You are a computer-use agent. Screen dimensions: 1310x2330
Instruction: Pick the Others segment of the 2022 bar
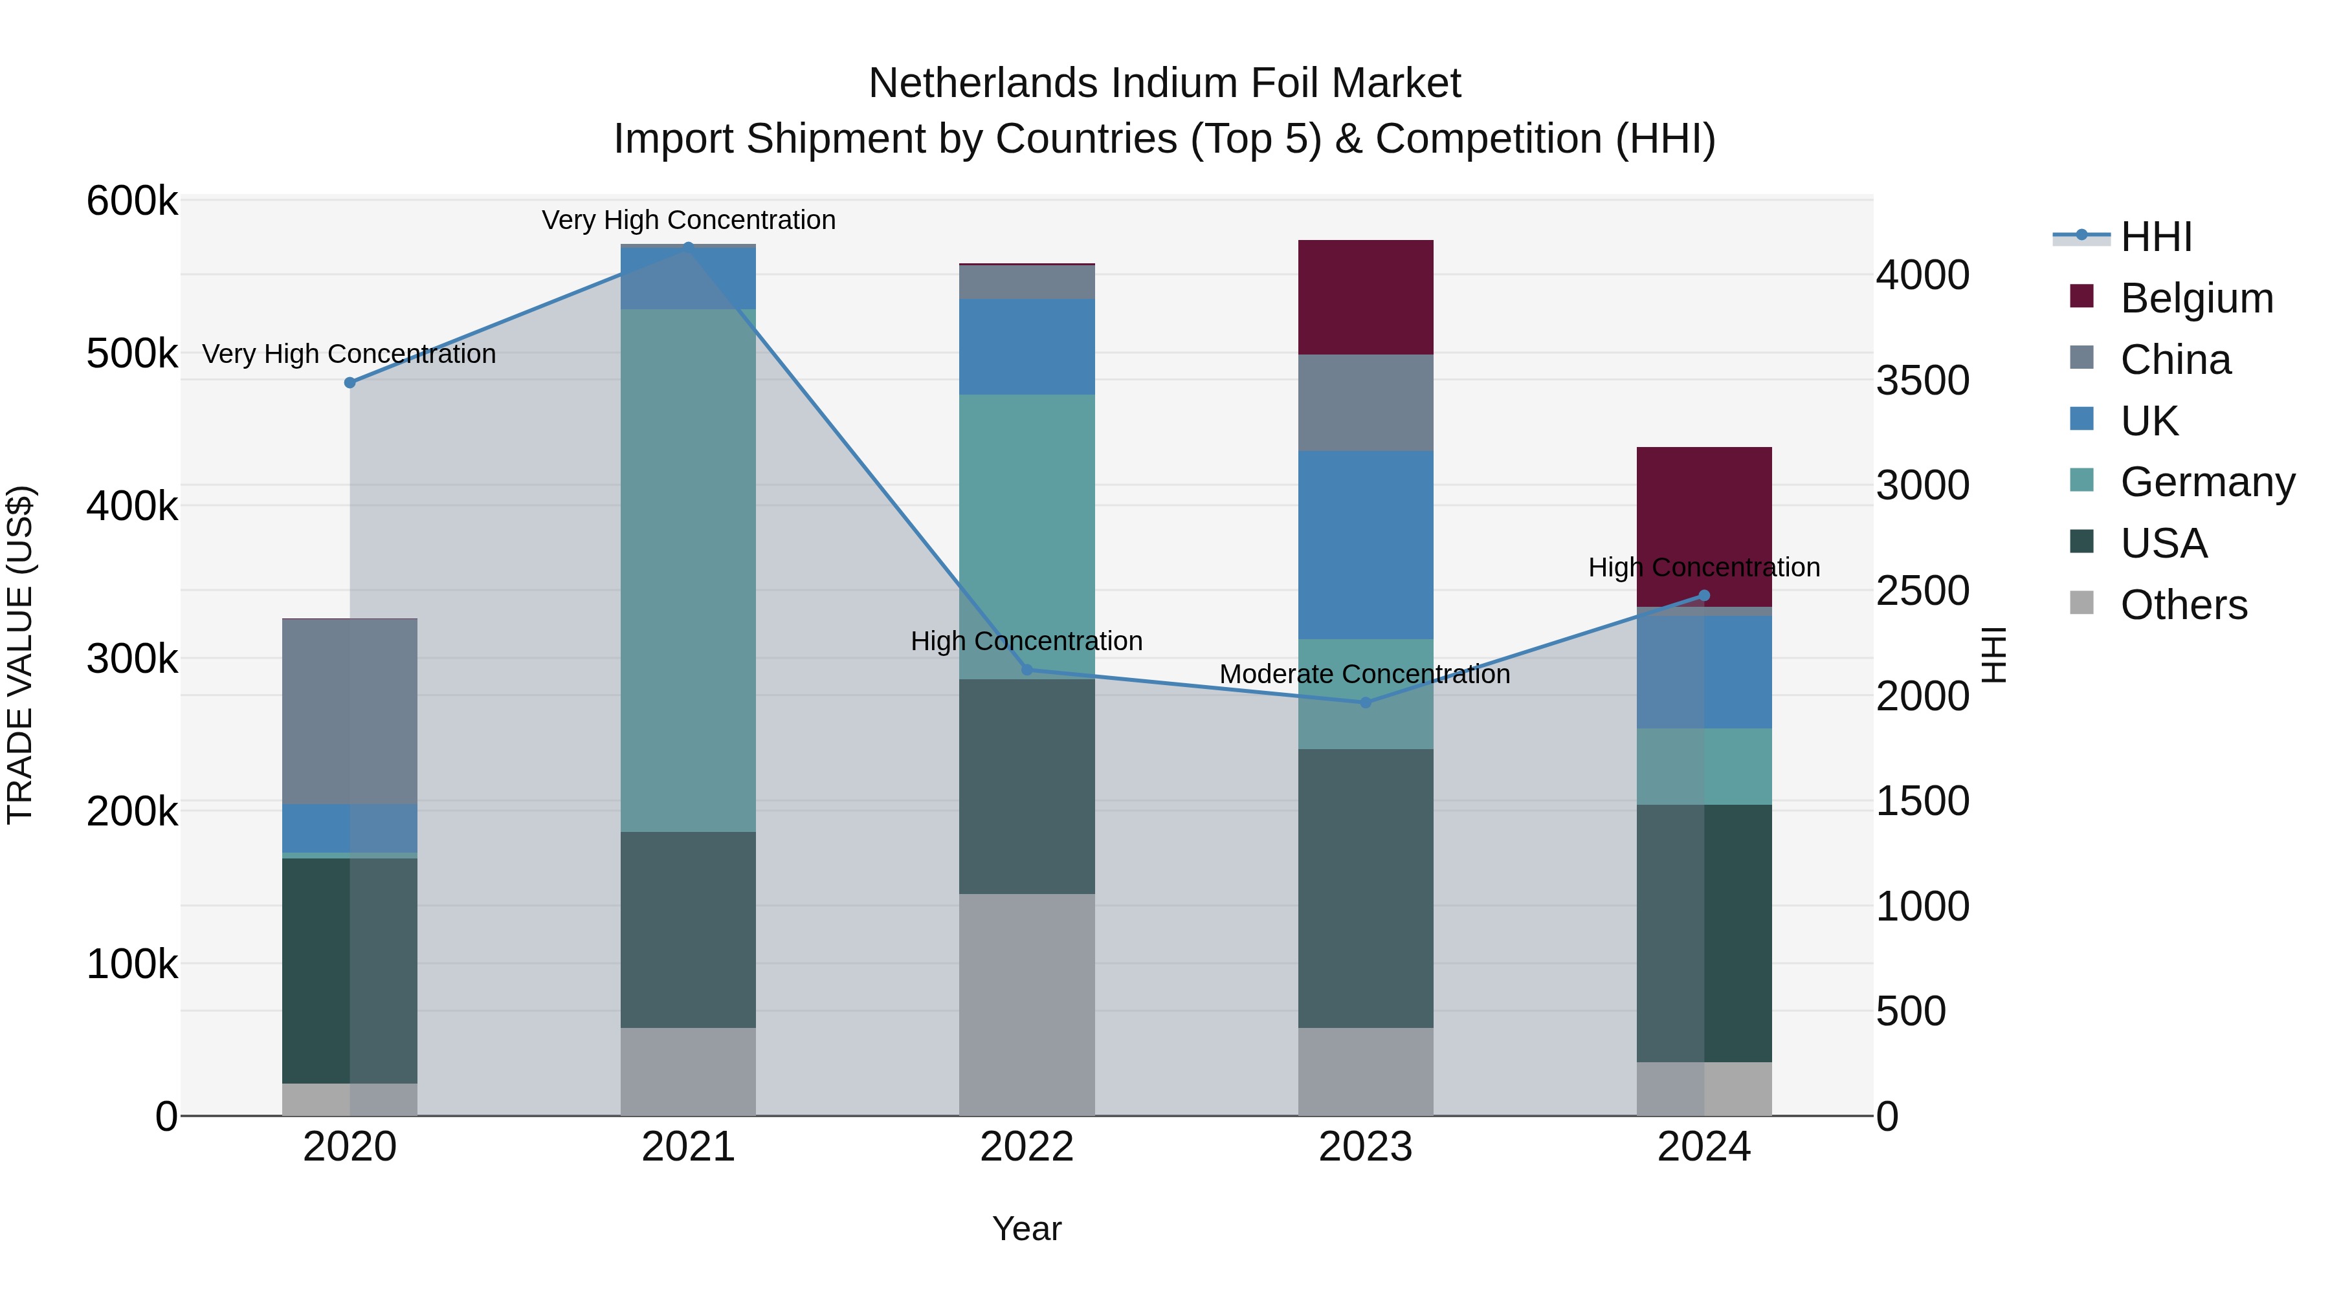[x=1026, y=1003]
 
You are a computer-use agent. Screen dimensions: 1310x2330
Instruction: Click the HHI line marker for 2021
[x=689, y=247]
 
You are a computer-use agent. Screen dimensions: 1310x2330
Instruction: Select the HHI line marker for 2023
[x=1366, y=703]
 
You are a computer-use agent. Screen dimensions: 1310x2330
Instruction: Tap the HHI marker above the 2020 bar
[x=350, y=382]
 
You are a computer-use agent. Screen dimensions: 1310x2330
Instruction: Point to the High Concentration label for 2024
[x=1704, y=568]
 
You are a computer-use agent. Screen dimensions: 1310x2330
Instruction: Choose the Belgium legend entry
[x=2196, y=298]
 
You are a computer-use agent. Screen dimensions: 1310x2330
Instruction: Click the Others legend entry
[x=2184, y=605]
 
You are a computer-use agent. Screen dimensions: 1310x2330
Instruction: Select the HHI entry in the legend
[x=2157, y=237]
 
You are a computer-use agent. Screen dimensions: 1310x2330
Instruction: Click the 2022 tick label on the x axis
[x=1026, y=1147]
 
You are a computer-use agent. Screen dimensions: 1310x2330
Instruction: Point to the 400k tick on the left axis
[x=132, y=507]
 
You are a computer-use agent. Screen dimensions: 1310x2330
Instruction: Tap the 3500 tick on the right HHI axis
[x=1922, y=380]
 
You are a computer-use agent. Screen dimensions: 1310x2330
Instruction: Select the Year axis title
[x=1026, y=1228]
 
